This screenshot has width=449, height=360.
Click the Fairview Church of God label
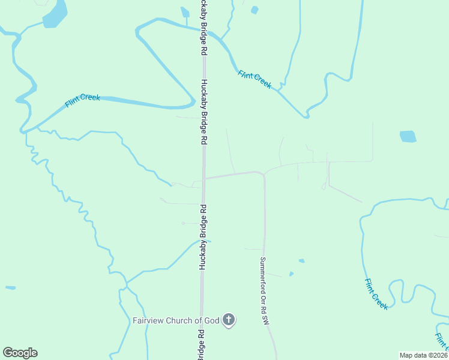tap(176, 320)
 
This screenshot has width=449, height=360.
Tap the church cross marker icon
tap(228, 320)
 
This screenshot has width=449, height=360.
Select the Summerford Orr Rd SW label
tap(263, 292)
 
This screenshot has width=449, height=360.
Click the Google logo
tap(20, 353)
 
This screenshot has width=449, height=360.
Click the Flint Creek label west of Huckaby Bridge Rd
tap(82, 101)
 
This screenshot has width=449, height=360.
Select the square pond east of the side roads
tap(408, 136)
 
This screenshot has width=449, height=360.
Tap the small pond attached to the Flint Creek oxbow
tap(185, 13)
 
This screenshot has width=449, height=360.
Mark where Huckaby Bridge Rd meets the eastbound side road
tap(203, 178)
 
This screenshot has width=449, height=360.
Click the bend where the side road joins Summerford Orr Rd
tap(263, 174)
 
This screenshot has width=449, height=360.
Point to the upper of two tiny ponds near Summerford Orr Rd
tap(301, 261)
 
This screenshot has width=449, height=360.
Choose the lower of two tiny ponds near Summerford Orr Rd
tap(291, 274)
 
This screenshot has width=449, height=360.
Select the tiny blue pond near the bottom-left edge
tap(10, 288)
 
